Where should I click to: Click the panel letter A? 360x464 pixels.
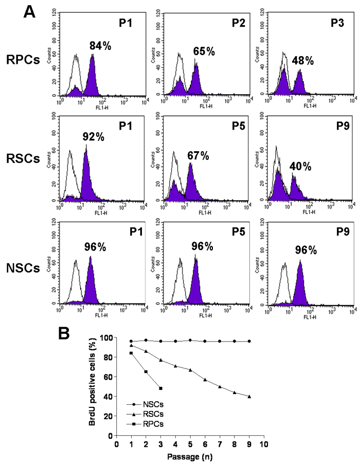30,11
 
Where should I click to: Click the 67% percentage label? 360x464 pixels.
197,156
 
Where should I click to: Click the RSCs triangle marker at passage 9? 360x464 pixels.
249,396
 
